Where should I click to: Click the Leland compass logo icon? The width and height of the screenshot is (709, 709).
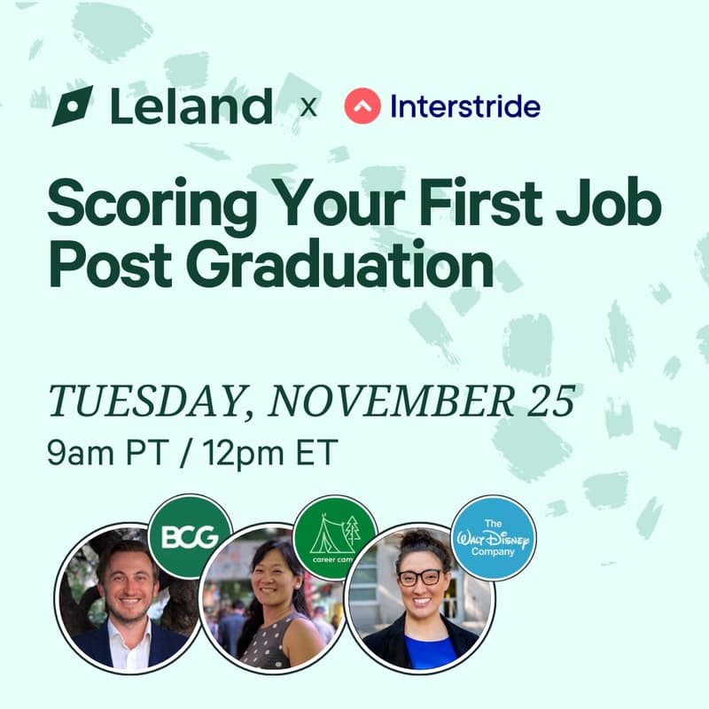pyautogui.click(x=73, y=106)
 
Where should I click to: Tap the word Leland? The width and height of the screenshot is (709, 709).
pyautogui.click(x=191, y=106)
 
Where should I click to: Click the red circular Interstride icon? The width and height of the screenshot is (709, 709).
pyautogui.click(x=362, y=106)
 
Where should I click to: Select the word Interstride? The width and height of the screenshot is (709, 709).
pyautogui.click(x=465, y=107)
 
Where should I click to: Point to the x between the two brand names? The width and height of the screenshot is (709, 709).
pyautogui.click(x=308, y=108)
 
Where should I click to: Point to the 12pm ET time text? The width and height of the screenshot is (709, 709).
pyautogui.click(x=269, y=453)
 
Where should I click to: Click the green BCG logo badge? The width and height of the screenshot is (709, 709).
pyautogui.click(x=189, y=536)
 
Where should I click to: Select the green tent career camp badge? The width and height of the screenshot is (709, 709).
pyautogui.click(x=335, y=537)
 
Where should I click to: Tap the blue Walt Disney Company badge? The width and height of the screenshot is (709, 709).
pyautogui.click(x=494, y=537)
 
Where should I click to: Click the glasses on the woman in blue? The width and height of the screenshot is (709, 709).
pyautogui.click(x=419, y=576)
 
